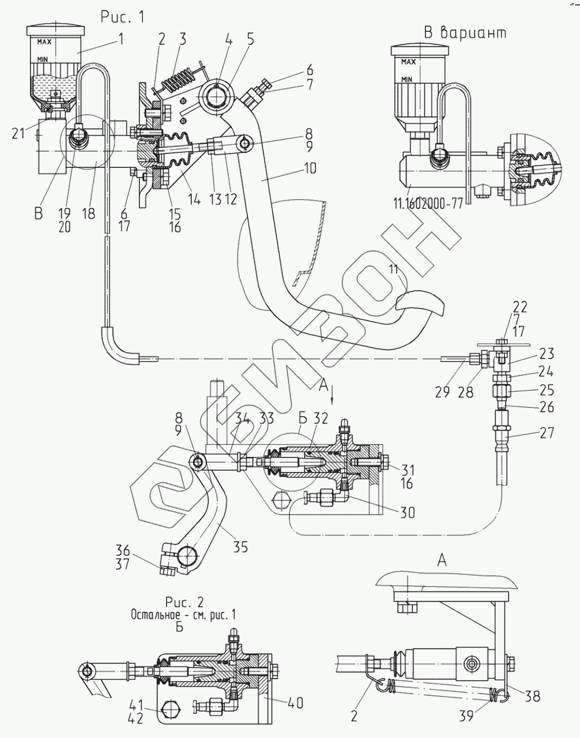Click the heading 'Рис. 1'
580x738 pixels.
click(x=122, y=17)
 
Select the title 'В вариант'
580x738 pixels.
click(x=465, y=32)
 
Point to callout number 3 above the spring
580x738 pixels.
click(x=182, y=39)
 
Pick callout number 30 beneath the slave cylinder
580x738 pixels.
click(x=408, y=512)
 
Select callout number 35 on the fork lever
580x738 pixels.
click(x=240, y=546)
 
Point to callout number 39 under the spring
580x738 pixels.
click(x=466, y=716)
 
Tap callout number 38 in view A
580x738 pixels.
click(x=533, y=697)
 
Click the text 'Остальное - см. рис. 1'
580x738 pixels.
click(x=183, y=615)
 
